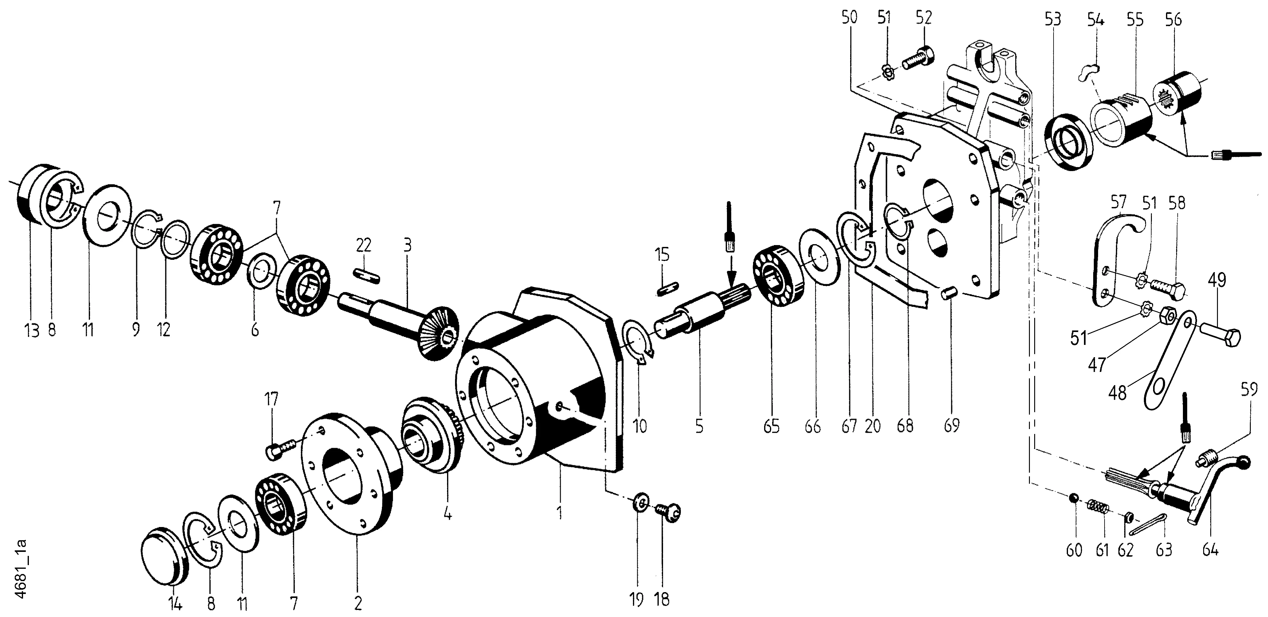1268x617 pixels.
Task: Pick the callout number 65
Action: click(771, 426)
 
